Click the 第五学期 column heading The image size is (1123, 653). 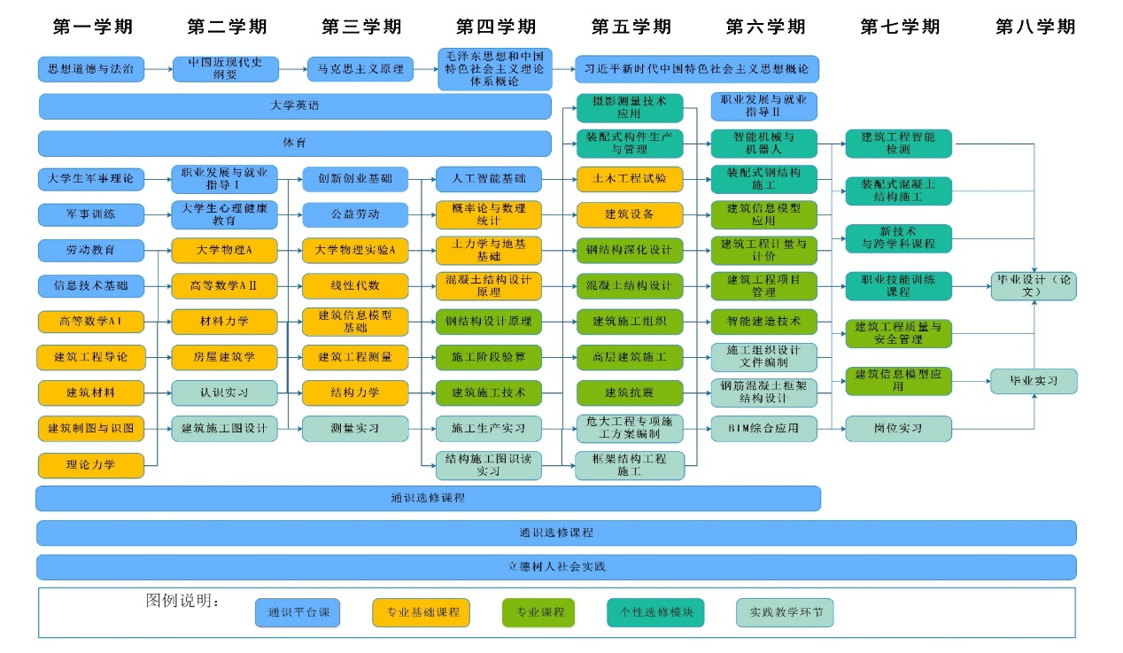pyautogui.click(x=631, y=27)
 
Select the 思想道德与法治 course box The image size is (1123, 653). pyautogui.click(x=91, y=68)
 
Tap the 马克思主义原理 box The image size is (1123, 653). pyautogui.click(x=360, y=68)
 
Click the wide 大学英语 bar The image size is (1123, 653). pyautogui.click(x=295, y=106)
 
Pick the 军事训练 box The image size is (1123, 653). pyautogui.click(x=91, y=214)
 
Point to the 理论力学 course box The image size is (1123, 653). pyautogui.click(x=91, y=465)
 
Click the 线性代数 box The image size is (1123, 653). pyautogui.click(x=355, y=286)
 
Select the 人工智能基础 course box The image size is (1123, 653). pyautogui.click(x=488, y=179)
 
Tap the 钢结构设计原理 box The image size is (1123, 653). pyautogui.click(x=488, y=322)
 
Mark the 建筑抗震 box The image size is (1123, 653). pyautogui.click(x=630, y=393)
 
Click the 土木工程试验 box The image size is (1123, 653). pyautogui.click(x=630, y=179)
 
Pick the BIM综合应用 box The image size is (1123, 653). pyautogui.click(x=763, y=429)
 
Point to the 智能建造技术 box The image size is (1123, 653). pyautogui.click(x=763, y=322)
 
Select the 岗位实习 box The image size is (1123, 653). pyautogui.click(x=898, y=429)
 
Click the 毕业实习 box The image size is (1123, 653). pyautogui.click(x=1034, y=381)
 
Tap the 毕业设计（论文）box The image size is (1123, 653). pyautogui.click(x=1034, y=285)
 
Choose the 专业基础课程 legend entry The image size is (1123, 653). pyautogui.click(x=421, y=612)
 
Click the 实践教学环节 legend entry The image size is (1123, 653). pyautogui.click(x=785, y=612)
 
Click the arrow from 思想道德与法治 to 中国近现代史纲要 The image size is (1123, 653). pyautogui.click(x=159, y=68)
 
